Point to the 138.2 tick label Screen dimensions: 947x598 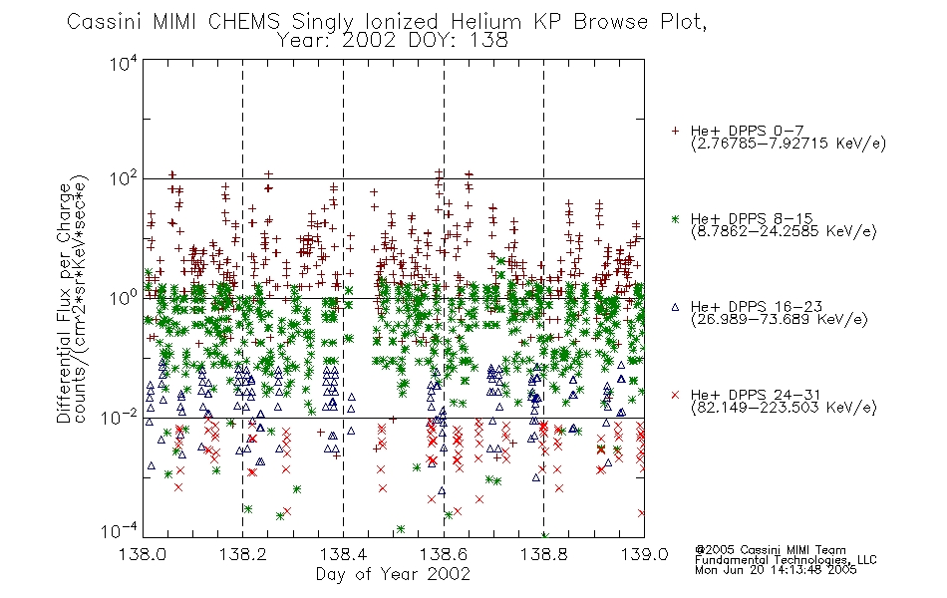coord(242,554)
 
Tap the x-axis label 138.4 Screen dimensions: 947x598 coord(343,554)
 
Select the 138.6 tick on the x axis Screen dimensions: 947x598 coord(444,554)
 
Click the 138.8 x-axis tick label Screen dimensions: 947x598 coord(543,554)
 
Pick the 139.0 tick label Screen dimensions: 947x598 coord(644,554)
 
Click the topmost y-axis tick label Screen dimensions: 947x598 coord(124,63)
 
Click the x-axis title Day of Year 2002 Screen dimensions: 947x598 coord(393,574)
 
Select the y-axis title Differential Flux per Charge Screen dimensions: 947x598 coord(64,303)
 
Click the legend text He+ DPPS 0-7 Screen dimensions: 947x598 coord(747,132)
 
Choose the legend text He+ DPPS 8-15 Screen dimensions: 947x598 coord(752,218)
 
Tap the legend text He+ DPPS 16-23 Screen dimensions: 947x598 coord(757,307)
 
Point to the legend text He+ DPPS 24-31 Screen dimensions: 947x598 coord(757,395)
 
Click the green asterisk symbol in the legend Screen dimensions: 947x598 coord(675,218)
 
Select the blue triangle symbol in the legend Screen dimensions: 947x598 coord(675,307)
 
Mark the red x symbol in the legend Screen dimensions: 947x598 coord(675,395)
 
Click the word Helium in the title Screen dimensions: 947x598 coord(485,22)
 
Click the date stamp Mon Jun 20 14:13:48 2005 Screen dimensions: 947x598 coord(776,570)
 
